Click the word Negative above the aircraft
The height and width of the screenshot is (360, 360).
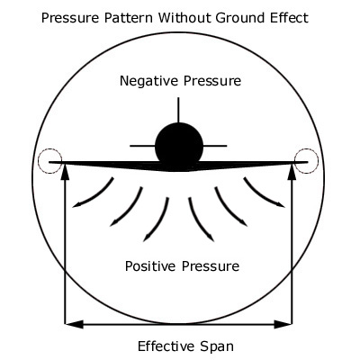point(149,81)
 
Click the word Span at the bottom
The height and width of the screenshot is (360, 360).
point(216,347)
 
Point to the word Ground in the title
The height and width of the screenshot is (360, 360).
point(241,19)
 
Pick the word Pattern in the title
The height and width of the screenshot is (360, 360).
point(129,18)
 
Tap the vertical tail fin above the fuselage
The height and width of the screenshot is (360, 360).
point(178,110)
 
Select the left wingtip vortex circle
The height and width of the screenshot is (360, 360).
point(39,161)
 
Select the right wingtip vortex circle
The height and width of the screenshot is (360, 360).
point(319,161)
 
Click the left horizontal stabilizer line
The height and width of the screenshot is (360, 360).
point(142,146)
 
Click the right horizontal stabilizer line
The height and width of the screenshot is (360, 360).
point(215,146)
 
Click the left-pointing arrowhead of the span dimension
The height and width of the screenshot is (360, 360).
point(74,324)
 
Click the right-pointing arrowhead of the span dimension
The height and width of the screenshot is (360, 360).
point(283,324)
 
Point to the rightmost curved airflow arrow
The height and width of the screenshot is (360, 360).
point(261,196)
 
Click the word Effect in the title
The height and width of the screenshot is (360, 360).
point(290,18)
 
